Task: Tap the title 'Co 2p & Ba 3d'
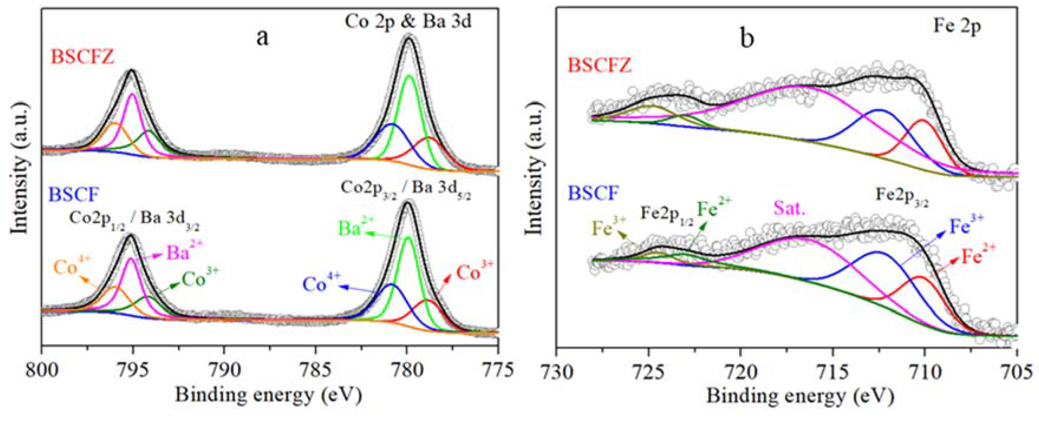(x=408, y=21)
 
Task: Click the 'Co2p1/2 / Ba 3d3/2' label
(x=134, y=220)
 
